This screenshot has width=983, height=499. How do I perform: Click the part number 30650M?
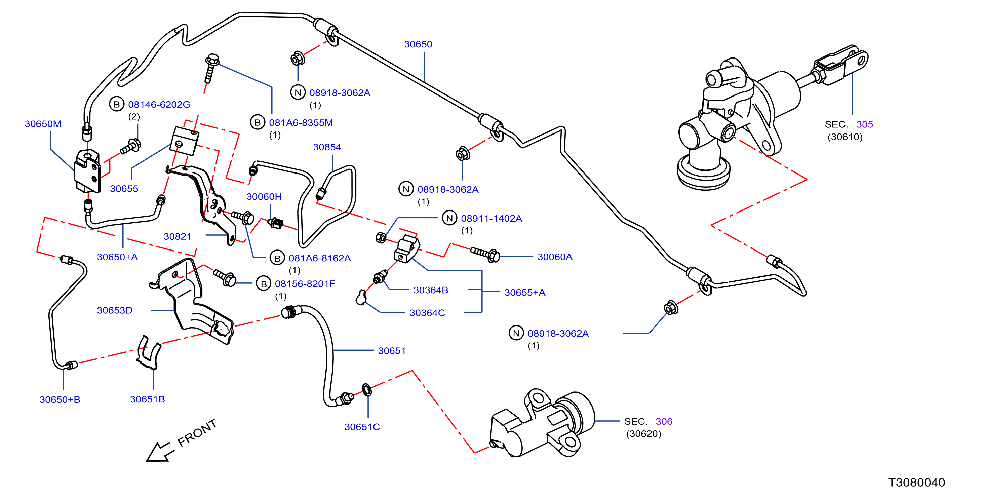(x=43, y=124)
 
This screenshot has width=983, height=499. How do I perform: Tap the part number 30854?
(x=327, y=147)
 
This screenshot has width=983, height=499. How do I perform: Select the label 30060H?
(x=264, y=197)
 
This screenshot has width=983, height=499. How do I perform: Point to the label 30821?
(x=178, y=236)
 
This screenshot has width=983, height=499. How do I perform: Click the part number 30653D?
(x=115, y=310)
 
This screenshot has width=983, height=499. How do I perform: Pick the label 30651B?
(x=147, y=399)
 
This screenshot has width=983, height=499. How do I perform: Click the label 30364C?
(x=427, y=313)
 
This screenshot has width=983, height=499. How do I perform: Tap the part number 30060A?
(x=555, y=257)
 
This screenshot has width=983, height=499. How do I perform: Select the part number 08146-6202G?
(x=159, y=105)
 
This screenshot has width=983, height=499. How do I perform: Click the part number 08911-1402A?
(x=491, y=218)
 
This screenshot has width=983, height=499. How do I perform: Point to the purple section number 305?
(x=864, y=124)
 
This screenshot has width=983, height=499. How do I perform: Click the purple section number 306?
(x=664, y=422)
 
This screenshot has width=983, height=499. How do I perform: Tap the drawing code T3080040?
(x=916, y=483)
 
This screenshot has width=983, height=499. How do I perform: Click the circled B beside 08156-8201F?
(x=263, y=284)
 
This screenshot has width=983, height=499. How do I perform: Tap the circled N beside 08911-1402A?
(x=449, y=218)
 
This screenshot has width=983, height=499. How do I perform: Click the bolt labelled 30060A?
(x=485, y=254)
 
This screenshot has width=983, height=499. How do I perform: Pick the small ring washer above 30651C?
(x=367, y=390)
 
